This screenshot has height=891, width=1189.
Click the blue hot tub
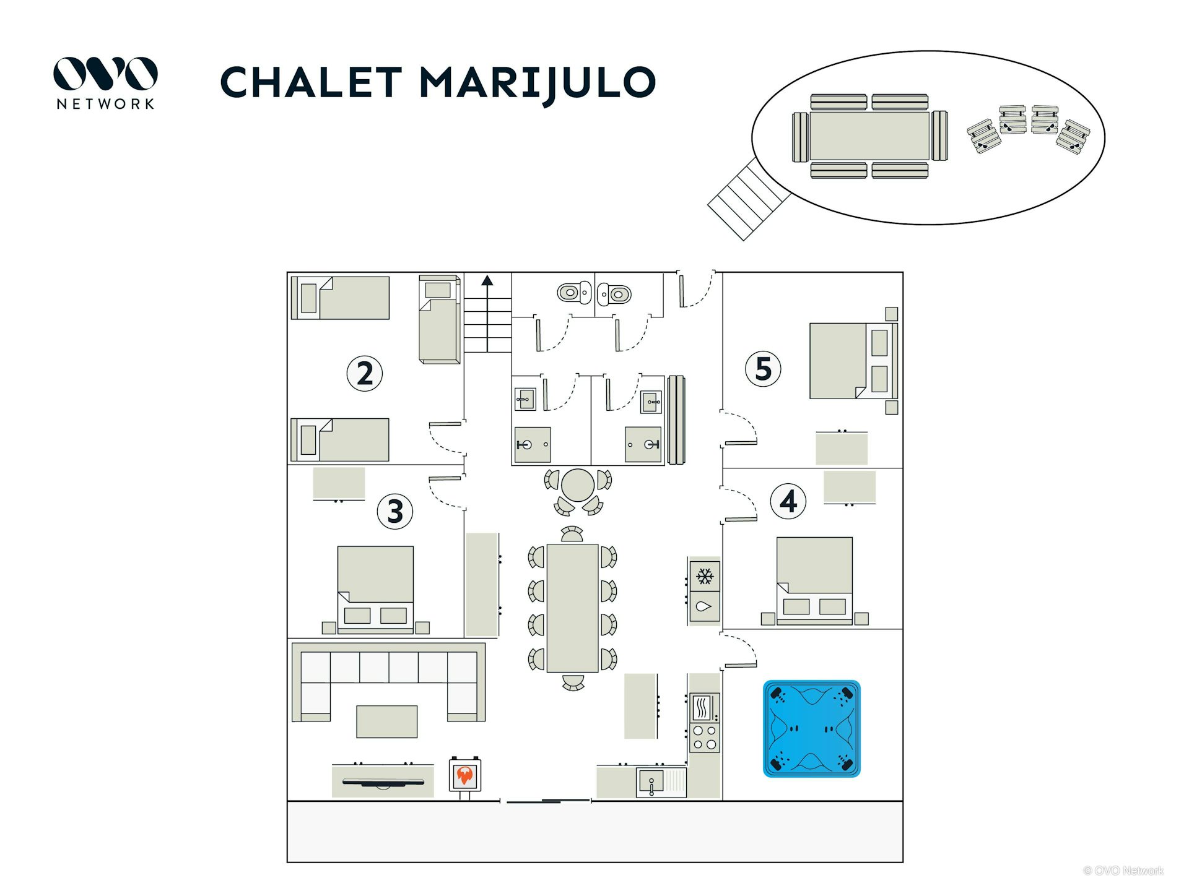coord(811,728)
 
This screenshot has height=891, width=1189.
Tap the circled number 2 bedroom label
coord(364,373)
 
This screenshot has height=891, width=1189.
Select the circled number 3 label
coord(395,511)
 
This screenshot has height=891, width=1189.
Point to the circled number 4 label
coord(788,501)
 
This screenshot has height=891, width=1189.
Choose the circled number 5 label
coord(763,369)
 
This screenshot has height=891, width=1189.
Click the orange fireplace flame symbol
coord(464,775)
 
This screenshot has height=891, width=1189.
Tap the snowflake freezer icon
coord(705,577)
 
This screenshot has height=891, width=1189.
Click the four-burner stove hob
coord(705,737)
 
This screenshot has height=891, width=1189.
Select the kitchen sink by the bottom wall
coord(651,782)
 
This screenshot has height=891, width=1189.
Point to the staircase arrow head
coord(487,280)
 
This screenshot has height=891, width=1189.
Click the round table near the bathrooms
coord(578,485)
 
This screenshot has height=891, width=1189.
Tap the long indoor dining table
coord(572,608)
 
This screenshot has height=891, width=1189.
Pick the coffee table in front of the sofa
coord(386,721)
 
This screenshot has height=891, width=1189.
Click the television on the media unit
coord(383,783)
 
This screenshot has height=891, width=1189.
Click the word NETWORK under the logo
coord(105,104)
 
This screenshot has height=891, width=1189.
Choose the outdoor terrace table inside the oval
coord(869,136)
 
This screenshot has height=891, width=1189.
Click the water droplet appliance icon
coord(704,606)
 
